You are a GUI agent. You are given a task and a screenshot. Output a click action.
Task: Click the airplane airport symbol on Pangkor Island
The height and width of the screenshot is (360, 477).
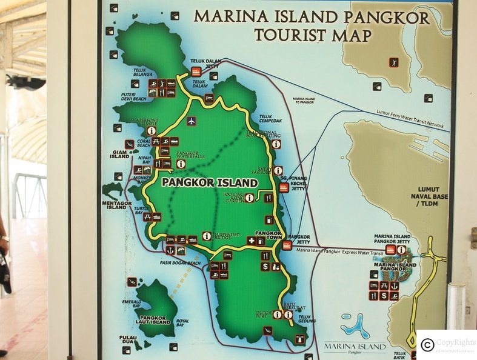192,121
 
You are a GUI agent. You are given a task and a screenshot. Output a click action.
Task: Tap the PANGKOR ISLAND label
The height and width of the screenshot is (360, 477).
209,182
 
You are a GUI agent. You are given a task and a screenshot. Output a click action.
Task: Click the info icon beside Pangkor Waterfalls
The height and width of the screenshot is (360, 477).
181,164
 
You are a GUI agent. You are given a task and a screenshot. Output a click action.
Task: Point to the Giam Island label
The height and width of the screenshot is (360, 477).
119,155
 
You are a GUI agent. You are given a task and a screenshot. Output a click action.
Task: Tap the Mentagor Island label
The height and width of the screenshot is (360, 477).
116,204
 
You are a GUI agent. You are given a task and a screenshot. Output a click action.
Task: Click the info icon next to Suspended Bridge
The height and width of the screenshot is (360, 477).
207,236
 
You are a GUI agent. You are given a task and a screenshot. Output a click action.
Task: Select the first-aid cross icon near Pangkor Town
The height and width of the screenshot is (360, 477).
251,241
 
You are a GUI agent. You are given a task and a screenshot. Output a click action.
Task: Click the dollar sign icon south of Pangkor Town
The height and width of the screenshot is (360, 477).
265,266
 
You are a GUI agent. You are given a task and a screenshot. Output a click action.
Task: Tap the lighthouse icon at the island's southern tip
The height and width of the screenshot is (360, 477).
267,330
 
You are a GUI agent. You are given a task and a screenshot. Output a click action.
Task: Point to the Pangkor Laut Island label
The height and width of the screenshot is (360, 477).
155,319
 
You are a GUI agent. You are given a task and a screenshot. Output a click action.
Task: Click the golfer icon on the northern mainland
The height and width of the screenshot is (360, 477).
394,62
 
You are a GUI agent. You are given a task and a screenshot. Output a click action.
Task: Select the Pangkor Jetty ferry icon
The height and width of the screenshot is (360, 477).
287,246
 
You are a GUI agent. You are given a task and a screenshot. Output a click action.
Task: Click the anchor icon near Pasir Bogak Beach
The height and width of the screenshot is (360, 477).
170,250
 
